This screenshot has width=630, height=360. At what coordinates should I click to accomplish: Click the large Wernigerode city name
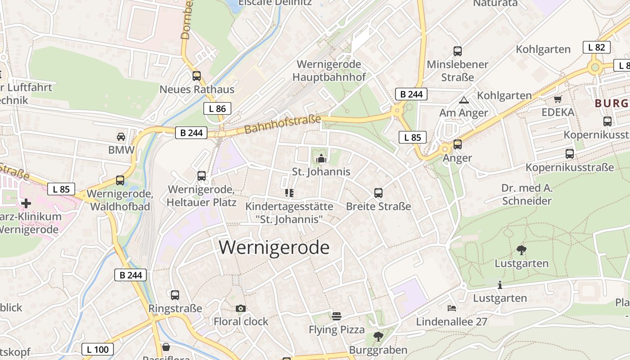[274, 247]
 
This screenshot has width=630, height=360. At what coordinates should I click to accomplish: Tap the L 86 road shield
[217, 108]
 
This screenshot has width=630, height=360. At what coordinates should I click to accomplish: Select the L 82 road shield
[597, 47]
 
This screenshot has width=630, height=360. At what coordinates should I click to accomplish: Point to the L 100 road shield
[98, 349]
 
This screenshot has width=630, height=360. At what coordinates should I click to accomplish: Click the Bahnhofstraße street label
[283, 125]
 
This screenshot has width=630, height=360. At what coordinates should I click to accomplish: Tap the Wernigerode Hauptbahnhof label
[329, 71]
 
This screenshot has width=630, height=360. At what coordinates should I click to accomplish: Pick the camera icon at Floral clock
[241, 308]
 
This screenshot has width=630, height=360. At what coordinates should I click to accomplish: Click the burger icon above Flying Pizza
[337, 316]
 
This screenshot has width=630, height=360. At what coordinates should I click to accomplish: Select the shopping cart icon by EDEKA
[558, 99]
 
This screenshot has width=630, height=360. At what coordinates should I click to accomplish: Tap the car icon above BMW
[121, 136]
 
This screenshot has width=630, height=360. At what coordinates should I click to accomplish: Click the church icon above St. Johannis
[321, 158]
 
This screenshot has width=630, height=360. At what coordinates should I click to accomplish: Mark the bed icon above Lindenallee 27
[452, 308]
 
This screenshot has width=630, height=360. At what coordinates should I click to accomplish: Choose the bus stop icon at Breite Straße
[378, 193]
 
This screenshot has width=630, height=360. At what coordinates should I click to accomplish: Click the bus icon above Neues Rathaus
[197, 76]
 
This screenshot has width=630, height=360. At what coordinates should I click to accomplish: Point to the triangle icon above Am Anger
[463, 100]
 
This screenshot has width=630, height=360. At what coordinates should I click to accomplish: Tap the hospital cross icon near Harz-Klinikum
[26, 203]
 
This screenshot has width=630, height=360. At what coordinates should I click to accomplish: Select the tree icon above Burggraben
[378, 336]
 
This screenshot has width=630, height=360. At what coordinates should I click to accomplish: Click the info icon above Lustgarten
[500, 285]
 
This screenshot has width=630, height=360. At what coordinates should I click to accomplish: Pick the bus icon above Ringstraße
[175, 295]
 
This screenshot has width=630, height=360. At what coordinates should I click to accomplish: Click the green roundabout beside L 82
[595, 67]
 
